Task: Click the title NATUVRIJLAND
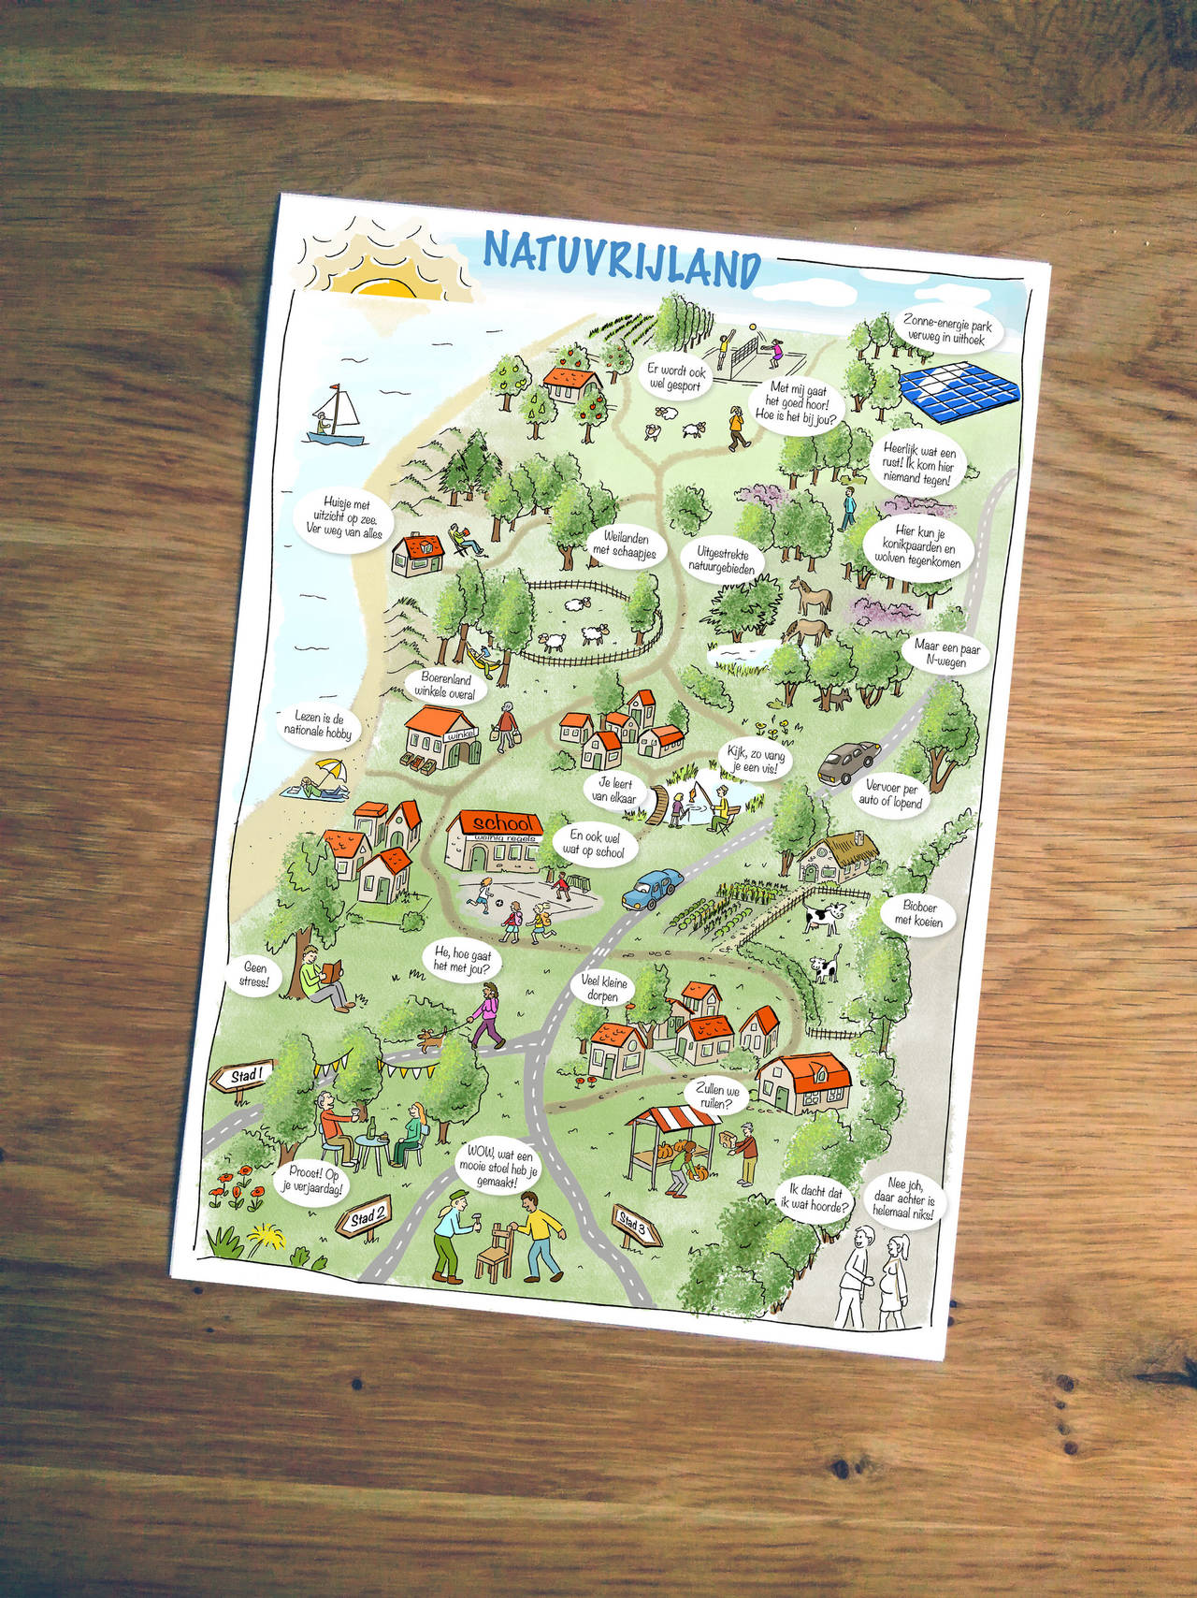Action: [622, 257]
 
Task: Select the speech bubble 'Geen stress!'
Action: [255, 975]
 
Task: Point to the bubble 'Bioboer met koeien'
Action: [918, 913]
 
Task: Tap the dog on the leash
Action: [431, 1039]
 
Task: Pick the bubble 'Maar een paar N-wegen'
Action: [940, 653]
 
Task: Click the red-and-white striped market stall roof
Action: [672, 1119]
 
